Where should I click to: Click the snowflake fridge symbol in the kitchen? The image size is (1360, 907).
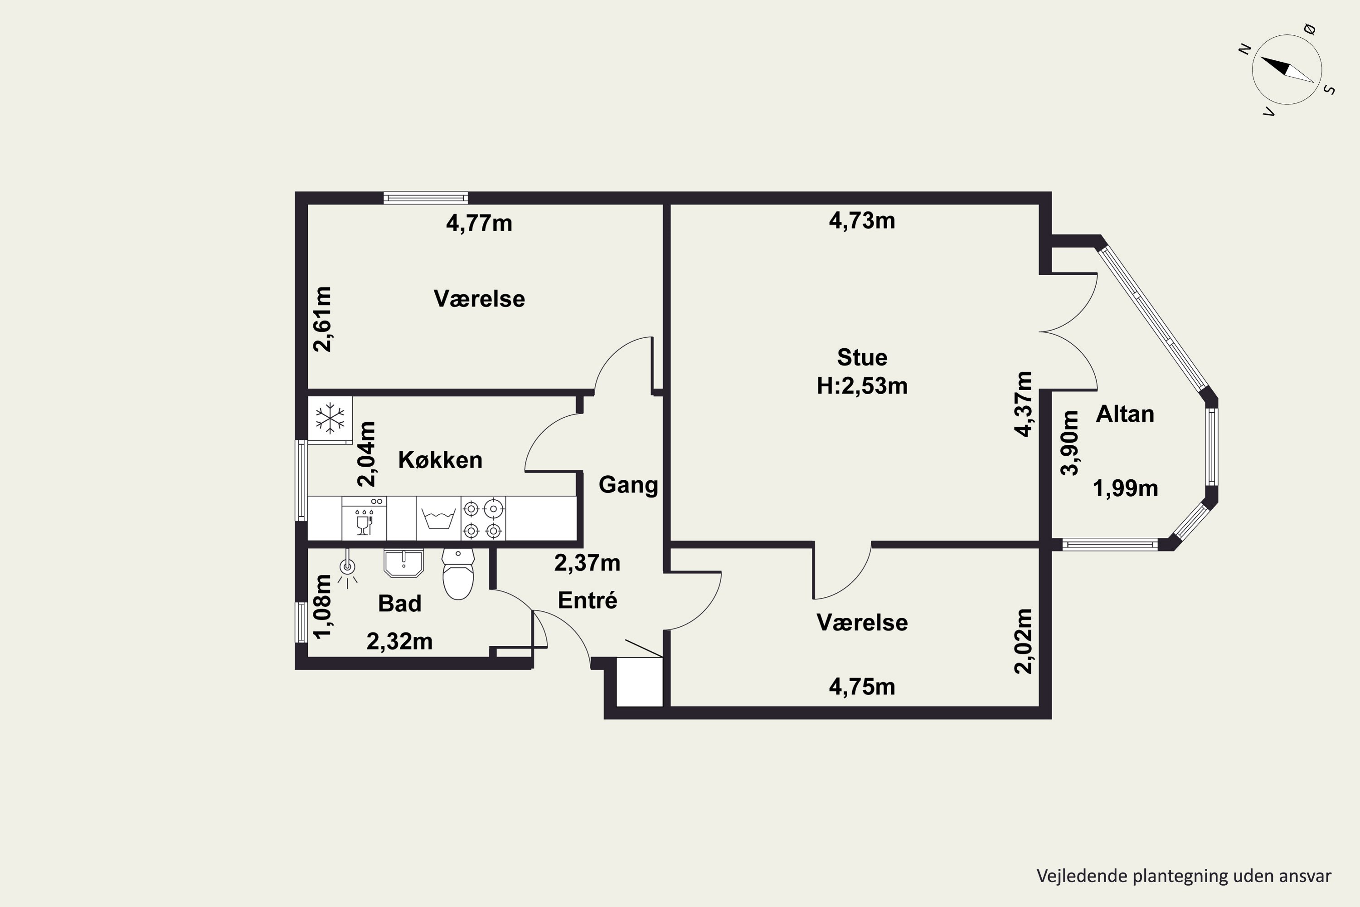pos(330,418)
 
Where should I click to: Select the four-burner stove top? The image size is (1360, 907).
pos(483,518)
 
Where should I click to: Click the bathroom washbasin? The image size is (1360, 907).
pos(403,563)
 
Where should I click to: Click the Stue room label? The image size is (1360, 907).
pos(862,357)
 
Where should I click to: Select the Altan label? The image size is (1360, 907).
pos(1125,414)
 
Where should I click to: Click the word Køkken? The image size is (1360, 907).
pos(440,460)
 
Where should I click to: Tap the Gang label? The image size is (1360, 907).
pos(628,485)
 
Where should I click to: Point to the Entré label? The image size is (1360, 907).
pos(588,600)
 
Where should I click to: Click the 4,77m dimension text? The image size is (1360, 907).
pos(479,223)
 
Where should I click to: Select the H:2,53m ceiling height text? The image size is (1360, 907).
pos(862,386)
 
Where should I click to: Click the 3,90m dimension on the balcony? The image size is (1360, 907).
pos(1070,443)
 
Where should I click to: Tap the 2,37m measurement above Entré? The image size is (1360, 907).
pos(588,563)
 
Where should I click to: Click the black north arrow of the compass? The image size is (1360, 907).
pos(1276,66)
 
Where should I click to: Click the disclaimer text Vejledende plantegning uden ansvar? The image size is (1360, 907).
pos(1184,876)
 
